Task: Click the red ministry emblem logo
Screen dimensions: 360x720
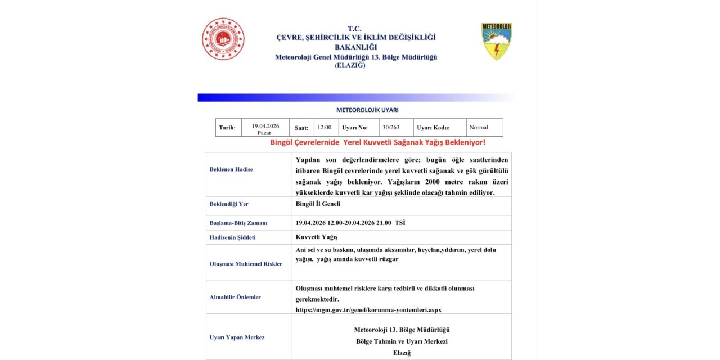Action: (223, 39)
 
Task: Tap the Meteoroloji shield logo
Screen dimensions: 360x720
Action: (497, 42)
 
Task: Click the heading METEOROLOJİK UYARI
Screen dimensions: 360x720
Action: (367, 110)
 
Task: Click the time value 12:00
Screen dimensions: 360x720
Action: (324, 128)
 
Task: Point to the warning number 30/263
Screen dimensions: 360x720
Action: (390, 128)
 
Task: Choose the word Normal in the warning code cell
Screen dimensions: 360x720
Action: (479, 128)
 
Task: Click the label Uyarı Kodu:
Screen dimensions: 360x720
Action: (433, 128)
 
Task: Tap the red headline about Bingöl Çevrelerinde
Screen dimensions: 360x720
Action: (377, 142)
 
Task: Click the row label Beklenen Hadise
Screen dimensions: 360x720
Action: (231, 169)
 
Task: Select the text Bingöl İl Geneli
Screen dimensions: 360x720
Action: (318, 204)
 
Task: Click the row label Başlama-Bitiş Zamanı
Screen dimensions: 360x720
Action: (238, 223)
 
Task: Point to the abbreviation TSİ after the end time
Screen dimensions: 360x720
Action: (400, 223)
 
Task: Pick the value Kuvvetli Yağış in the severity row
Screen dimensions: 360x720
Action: (317, 237)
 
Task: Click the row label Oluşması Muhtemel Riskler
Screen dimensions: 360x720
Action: (246, 263)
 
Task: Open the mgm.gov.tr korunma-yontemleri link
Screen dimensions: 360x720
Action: (368, 310)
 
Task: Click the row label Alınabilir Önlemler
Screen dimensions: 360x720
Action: (235, 297)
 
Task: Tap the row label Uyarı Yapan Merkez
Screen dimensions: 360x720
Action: (237, 337)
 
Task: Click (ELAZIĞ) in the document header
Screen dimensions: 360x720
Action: (350, 65)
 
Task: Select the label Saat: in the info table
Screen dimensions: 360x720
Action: (301, 128)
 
